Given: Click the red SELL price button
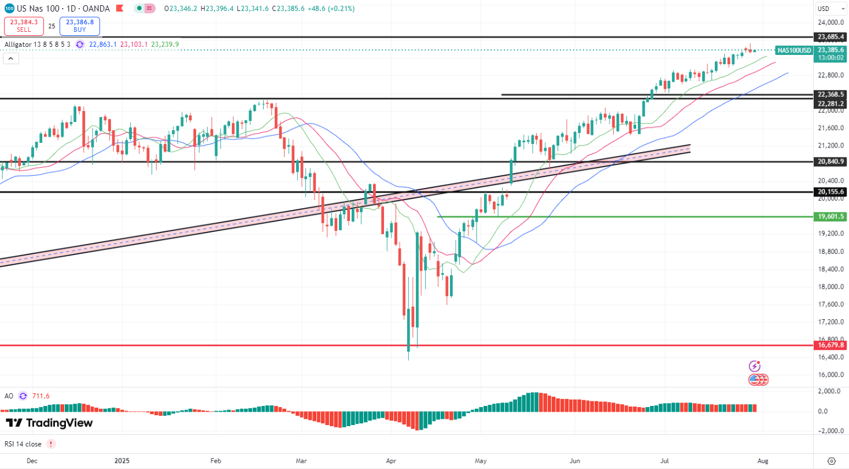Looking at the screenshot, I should (x=23, y=26).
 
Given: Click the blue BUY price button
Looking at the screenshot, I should (x=80, y=26).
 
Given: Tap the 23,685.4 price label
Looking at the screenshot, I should (x=831, y=36).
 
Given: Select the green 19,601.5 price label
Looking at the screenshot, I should (x=831, y=216).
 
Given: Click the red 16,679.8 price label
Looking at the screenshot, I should (x=831, y=345).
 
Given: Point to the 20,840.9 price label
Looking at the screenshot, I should (x=831, y=161).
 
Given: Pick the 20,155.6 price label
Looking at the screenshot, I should (x=831, y=191).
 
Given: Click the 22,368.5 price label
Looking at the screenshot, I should (x=831, y=94).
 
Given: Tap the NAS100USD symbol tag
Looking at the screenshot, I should (x=793, y=50).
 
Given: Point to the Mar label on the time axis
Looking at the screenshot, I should (x=301, y=461).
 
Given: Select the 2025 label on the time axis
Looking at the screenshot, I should (x=123, y=461).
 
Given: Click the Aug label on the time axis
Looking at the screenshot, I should (x=763, y=461).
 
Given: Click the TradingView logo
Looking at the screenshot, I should (x=49, y=423).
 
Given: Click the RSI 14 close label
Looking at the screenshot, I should (x=24, y=444).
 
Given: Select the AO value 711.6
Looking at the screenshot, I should (x=40, y=396).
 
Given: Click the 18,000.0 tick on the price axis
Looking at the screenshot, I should (x=829, y=287).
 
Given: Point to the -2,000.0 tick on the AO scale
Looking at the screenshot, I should (x=828, y=431).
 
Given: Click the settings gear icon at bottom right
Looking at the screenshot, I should (x=832, y=461).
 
